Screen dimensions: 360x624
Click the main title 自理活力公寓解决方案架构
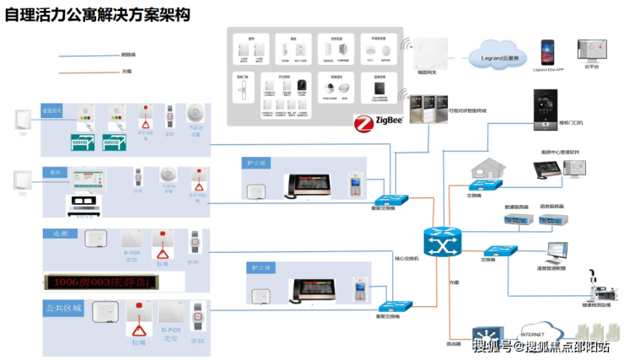click(96, 15)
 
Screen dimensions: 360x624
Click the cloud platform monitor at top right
click(589, 50)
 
